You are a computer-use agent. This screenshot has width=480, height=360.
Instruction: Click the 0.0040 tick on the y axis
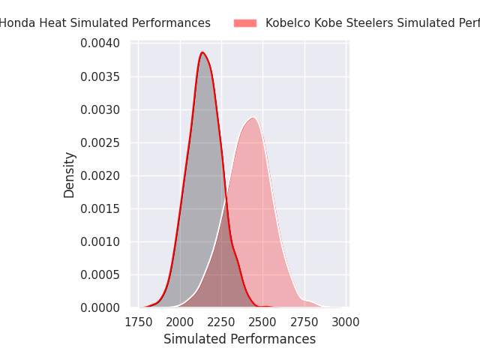pos(100,43)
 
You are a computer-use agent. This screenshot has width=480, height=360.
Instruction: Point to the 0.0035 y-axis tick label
pos(100,76)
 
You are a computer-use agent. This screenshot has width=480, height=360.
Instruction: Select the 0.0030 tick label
pos(100,109)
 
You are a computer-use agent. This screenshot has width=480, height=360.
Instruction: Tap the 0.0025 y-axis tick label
pos(100,142)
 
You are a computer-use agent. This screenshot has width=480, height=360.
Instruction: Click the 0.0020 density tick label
pos(100,175)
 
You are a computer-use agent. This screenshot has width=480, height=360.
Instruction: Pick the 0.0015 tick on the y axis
pos(100,208)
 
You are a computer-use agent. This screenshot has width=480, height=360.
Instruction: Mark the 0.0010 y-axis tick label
pos(100,241)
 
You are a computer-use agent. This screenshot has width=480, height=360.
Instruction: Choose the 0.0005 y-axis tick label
pos(100,274)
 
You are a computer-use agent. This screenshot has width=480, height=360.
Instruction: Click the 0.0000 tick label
pos(100,307)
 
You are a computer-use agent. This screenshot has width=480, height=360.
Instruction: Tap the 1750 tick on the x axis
pos(139,322)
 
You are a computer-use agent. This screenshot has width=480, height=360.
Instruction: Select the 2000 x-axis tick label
pos(180,322)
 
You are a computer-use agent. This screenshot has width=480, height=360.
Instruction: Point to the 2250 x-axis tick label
pos(221,322)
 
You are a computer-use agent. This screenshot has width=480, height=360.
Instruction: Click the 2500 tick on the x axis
pos(263,322)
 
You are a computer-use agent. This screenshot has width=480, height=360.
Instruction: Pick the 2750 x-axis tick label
pos(304,322)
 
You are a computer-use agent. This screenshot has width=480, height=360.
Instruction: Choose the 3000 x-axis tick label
pos(346,322)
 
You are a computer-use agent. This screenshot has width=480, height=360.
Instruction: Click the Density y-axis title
pos(70,175)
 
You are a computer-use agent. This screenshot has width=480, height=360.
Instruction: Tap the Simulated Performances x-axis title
pos(239,339)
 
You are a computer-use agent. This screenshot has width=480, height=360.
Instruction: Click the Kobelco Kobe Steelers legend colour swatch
pos(245,23)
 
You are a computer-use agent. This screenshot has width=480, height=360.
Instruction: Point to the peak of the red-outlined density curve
pos(202,52)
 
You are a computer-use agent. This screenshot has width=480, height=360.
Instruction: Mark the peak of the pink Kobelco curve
pos(253,117)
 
